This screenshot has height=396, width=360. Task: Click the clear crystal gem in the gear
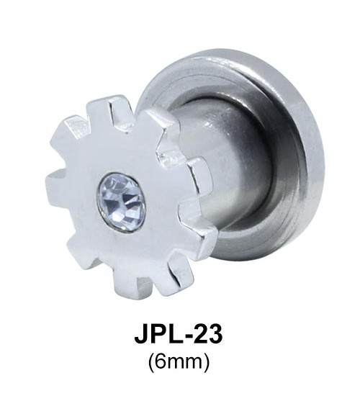tap(121, 202)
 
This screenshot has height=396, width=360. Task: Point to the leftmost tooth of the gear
tap(54, 182)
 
